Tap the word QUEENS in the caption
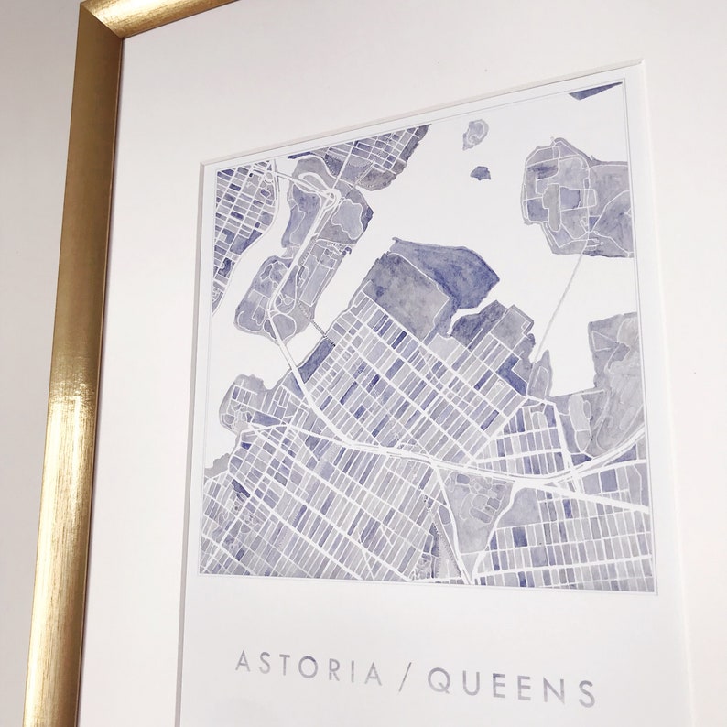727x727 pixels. pos(509,682)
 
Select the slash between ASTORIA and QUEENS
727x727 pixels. pos(402,675)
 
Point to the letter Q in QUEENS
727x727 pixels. pos(438,678)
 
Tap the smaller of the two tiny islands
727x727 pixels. pos(480,171)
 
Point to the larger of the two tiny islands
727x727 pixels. pos(473,134)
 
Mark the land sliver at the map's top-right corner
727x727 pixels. pos(595,91)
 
